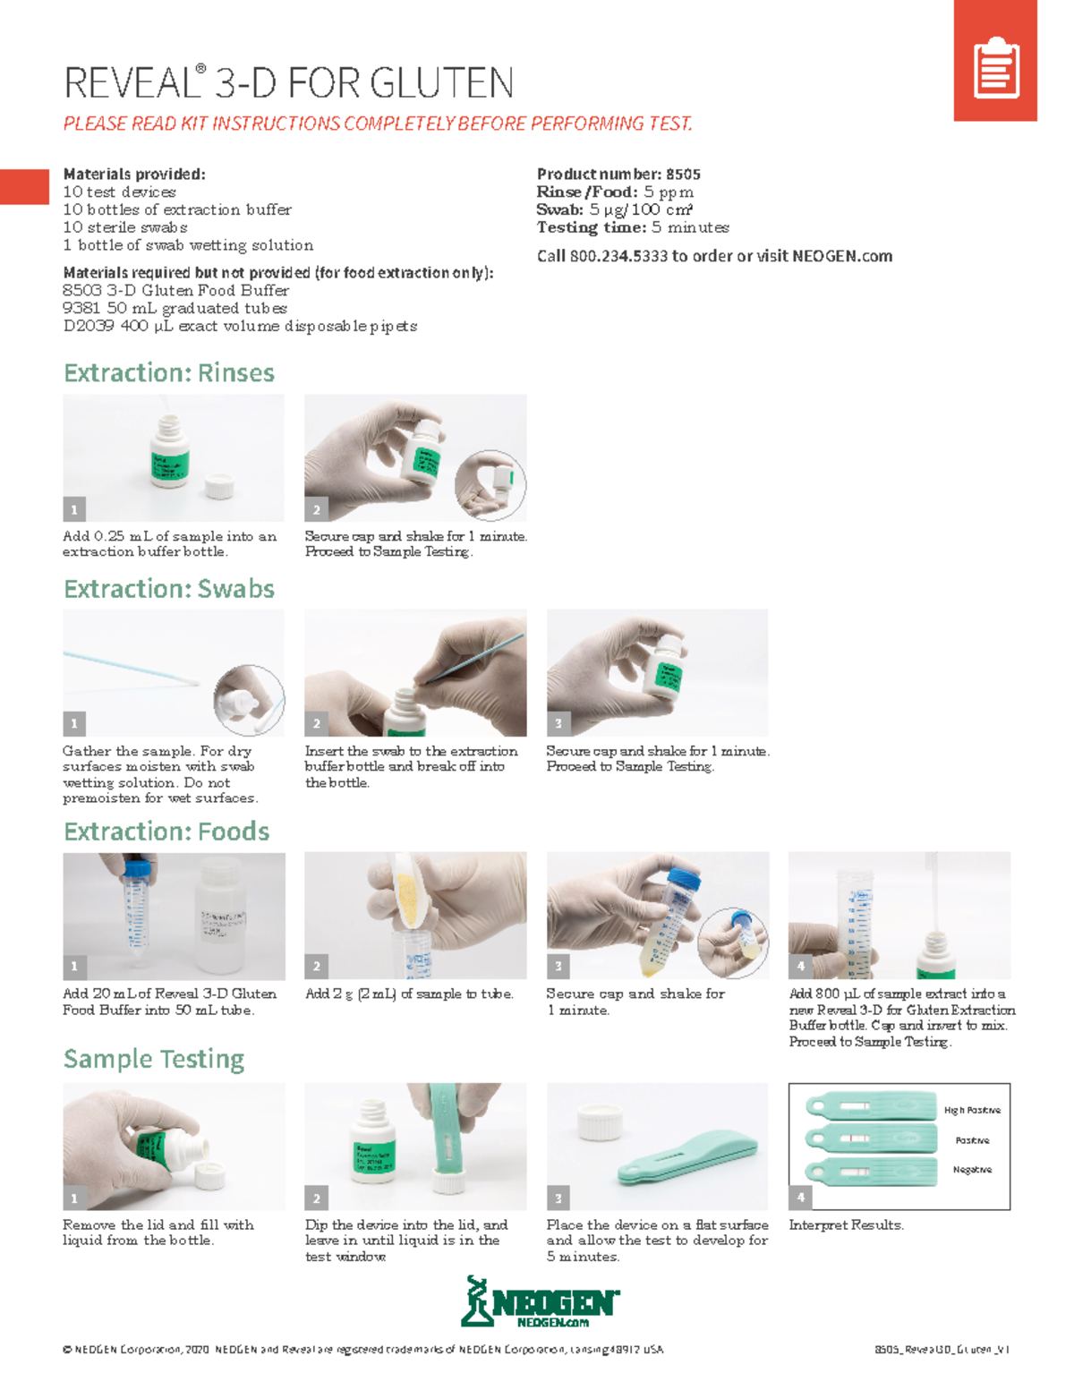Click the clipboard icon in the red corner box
[x=996, y=67]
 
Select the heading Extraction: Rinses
[x=169, y=372]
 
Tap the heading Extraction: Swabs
[x=169, y=589]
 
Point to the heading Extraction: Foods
[x=166, y=831]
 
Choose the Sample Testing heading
[x=154, y=1059]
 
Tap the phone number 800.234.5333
[x=618, y=256]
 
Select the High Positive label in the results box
[x=972, y=1110]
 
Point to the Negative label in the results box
[x=972, y=1170]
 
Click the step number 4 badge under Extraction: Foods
[x=800, y=967]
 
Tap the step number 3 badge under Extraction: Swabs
[x=558, y=723]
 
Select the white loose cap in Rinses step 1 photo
[x=219, y=487]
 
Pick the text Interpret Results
[x=846, y=1225]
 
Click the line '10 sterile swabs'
[x=125, y=227]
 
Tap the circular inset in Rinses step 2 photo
[x=490, y=484]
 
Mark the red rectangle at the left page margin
[x=24, y=187]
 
